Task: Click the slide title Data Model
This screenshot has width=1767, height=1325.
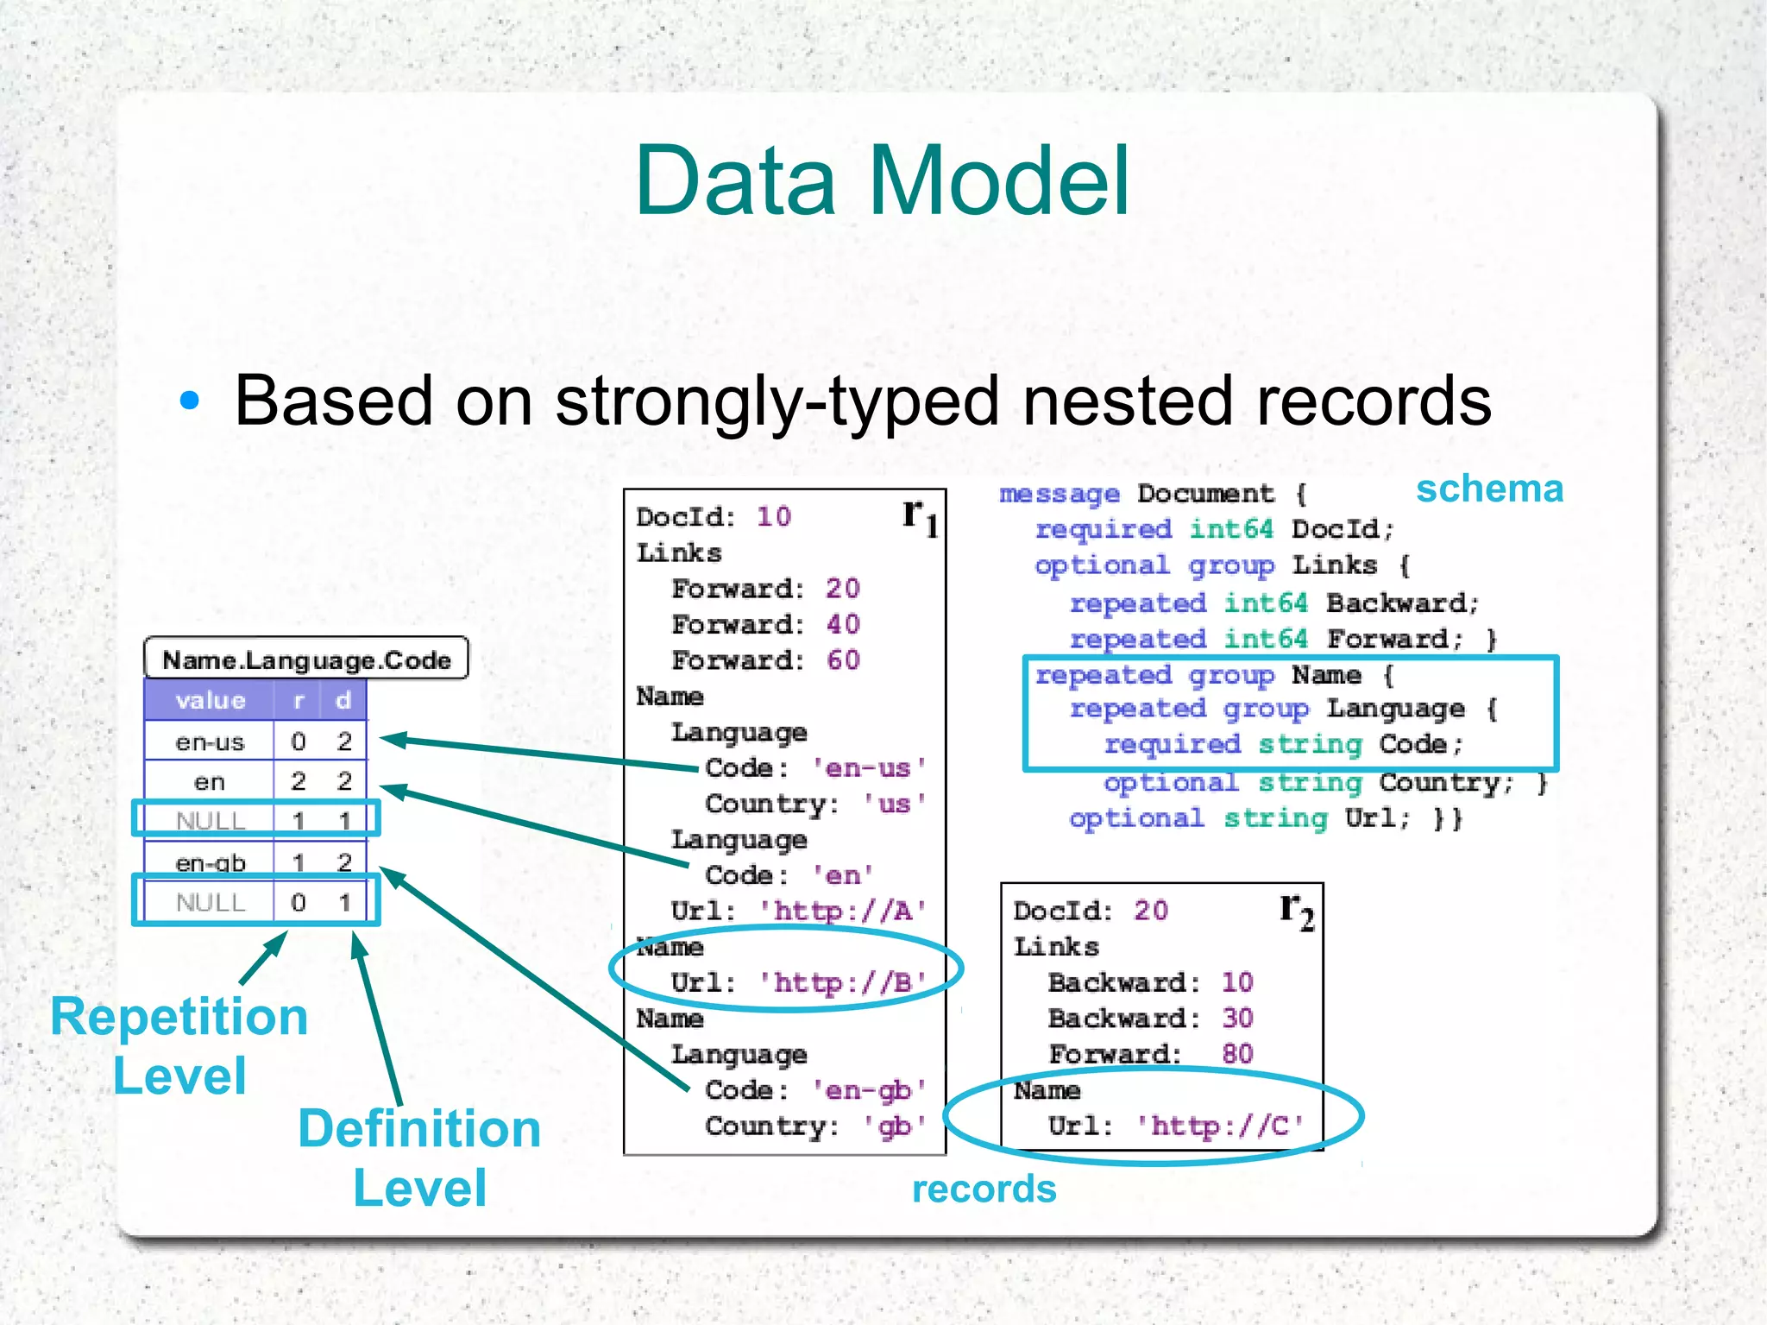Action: pos(882,181)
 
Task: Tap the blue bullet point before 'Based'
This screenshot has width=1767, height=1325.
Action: pos(189,401)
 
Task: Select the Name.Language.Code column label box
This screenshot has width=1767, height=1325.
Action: pos(306,659)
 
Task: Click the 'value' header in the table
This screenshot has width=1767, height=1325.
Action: pos(210,700)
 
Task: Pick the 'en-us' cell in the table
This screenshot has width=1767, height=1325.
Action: pos(210,741)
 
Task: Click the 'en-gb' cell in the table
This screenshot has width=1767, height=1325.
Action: pos(210,861)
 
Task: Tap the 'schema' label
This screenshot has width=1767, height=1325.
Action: pos(1489,489)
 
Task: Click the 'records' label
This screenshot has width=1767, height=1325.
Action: pos(984,1189)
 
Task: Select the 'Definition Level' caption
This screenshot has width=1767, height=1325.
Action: pos(419,1158)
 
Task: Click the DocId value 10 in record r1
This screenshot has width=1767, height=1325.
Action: pos(774,516)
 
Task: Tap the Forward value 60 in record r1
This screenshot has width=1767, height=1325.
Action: pos(843,659)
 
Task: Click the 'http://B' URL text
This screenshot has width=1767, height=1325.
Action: pos(842,982)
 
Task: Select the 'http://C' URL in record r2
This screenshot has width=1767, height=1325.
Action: pos(1219,1126)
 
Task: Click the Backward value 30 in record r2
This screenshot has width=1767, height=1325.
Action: pos(1237,1018)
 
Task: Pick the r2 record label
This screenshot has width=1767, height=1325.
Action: pos(1297,912)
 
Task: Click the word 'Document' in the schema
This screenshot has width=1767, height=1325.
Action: pos(1204,494)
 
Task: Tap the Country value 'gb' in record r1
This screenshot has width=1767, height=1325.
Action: pos(895,1126)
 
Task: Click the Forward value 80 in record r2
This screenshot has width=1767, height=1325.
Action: pos(1237,1053)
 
